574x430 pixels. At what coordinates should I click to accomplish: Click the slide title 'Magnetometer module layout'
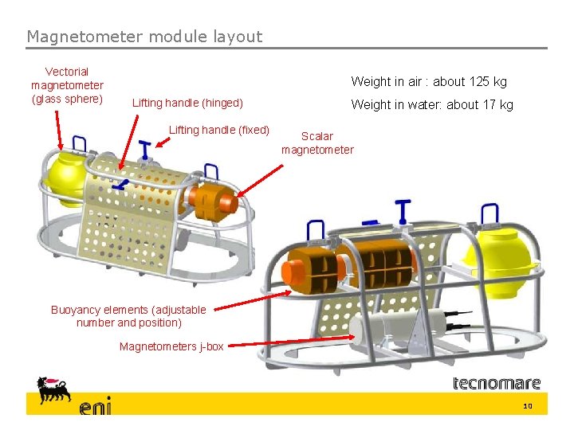click(144, 37)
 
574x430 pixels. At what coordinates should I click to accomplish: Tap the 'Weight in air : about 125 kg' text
click(429, 81)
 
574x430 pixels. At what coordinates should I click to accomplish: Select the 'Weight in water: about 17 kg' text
click(432, 104)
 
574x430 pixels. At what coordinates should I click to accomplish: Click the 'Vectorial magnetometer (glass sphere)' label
click(67, 85)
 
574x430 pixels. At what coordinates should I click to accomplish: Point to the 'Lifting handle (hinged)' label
click(187, 103)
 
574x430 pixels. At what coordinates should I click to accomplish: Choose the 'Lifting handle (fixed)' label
click(219, 130)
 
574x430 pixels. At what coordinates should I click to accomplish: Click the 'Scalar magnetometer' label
click(317, 143)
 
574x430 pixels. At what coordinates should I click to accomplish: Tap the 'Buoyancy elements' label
click(128, 316)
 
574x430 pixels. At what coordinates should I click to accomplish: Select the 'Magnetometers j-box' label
click(171, 346)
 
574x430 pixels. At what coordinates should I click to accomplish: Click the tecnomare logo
click(497, 383)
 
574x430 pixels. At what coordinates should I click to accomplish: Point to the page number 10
click(527, 407)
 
